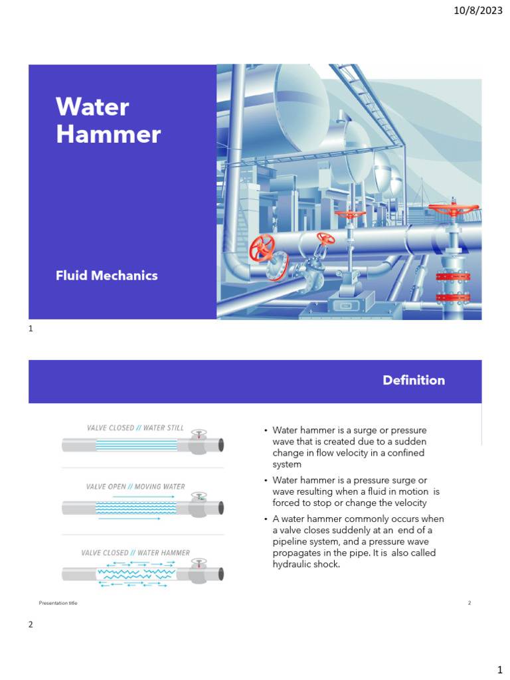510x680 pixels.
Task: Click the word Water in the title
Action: click(x=92, y=107)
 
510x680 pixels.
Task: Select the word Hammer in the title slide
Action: click(x=108, y=134)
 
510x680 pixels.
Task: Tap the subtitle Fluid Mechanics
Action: click(x=107, y=276)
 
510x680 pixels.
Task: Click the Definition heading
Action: click(x=414, y=381)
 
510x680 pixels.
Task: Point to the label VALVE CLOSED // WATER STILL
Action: click(x=135, y=428)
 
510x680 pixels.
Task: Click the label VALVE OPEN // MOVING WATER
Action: click(x=135, y=487)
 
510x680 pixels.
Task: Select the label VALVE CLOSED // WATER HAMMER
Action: click(x=135, y=552)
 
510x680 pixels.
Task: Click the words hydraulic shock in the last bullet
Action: click(x=306, y=564)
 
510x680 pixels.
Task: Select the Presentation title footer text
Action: click(x=58, y=603)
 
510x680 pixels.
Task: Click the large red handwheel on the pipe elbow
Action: click(x=262, y=250)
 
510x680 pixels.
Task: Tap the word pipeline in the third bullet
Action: click(x=291, y=541)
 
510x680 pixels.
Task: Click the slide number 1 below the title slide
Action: click(x=31, y=328)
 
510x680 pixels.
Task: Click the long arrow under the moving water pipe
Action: click(x=129, y=519)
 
